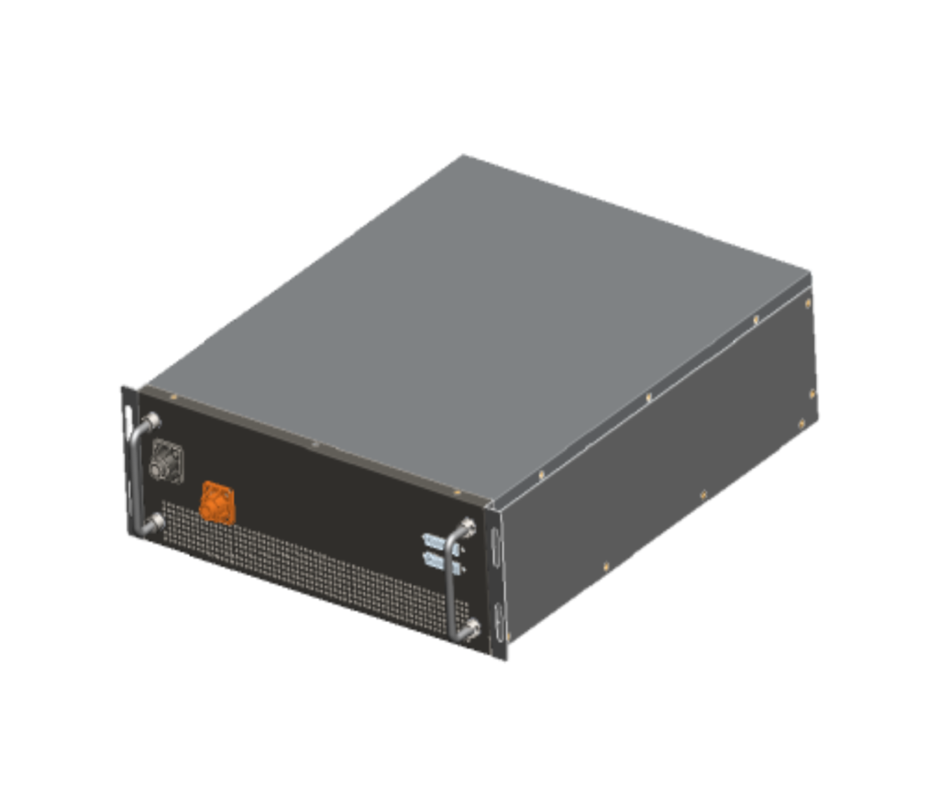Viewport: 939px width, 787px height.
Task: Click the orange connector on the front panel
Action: tap(216, 502)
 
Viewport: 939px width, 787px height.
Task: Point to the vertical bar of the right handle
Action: tap(450, 582)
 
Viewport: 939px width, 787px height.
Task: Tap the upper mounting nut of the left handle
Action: tap(150, 421)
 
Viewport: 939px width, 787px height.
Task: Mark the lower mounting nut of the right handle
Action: tap(469, 629)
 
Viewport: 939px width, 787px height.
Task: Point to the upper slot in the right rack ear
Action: tap(496, 550)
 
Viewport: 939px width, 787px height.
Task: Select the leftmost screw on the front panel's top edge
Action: tap(173, 398)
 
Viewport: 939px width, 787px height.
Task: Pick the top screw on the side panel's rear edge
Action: tap(808, 300)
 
